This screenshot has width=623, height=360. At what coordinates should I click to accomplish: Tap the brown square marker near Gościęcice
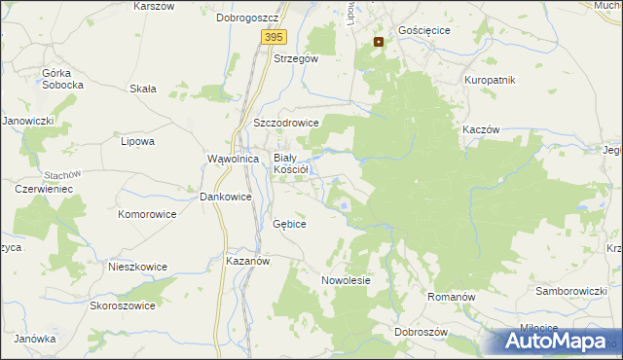(379, 42)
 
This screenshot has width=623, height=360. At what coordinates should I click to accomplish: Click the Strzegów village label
(296, 58)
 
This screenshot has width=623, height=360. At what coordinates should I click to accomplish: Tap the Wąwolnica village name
(233, 158)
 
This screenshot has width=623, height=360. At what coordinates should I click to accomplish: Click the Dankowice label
(226, 197)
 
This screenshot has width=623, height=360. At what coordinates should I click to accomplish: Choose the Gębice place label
(290, 224)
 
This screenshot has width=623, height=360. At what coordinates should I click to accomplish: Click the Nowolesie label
(347, 280)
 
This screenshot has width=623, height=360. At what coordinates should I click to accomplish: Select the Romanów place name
(451, 294)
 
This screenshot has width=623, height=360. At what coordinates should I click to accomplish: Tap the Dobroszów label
(421, 332)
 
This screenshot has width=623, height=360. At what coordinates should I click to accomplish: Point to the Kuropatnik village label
(490, 80)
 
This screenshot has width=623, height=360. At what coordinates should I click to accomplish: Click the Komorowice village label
(147, 213)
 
